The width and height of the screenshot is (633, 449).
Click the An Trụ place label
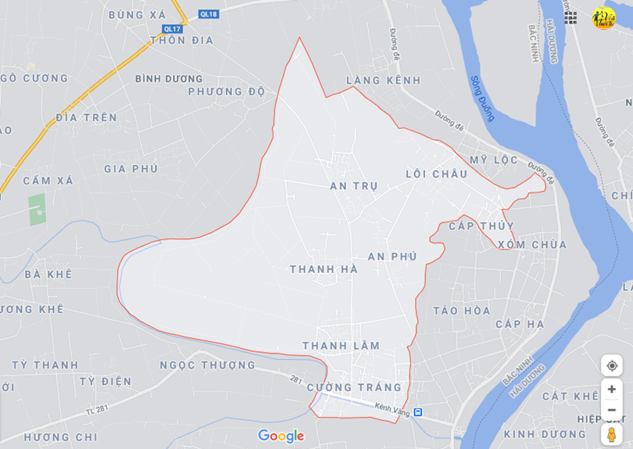click(353, 186)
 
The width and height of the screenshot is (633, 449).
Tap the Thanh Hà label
click(324, 269)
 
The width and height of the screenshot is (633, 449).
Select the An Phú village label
click(392, 257)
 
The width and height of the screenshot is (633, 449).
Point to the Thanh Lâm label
click(342, 346)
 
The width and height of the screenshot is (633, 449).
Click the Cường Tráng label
click(354, 387)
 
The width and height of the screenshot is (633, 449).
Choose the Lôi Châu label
click(437, 174)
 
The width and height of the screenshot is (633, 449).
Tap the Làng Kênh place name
click(384, 80)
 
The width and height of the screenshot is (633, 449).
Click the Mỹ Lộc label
click(495, 160)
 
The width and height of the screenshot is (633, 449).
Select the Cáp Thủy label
click(481, 226)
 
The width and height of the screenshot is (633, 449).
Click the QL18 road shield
click(209, 14)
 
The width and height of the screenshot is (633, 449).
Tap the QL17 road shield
click(172, 29)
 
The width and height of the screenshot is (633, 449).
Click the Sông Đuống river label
click(483, 99)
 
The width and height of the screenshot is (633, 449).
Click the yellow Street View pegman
click(611, 435)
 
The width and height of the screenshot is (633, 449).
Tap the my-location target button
click(611, 365)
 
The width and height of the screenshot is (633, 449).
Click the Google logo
click(281, 436)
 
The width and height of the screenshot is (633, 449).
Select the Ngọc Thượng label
click(207, 365)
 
